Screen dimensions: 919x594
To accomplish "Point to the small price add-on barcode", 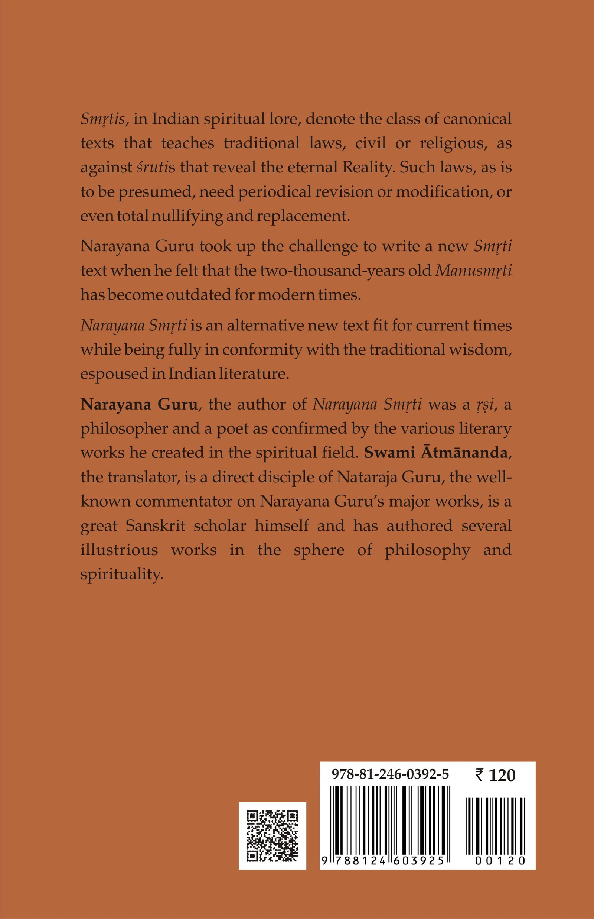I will [495, 826].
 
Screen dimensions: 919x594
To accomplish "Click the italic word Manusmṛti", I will [473, 271].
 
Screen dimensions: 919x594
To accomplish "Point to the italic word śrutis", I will [156, 168].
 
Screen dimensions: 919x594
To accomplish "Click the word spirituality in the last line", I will [122, 574].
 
